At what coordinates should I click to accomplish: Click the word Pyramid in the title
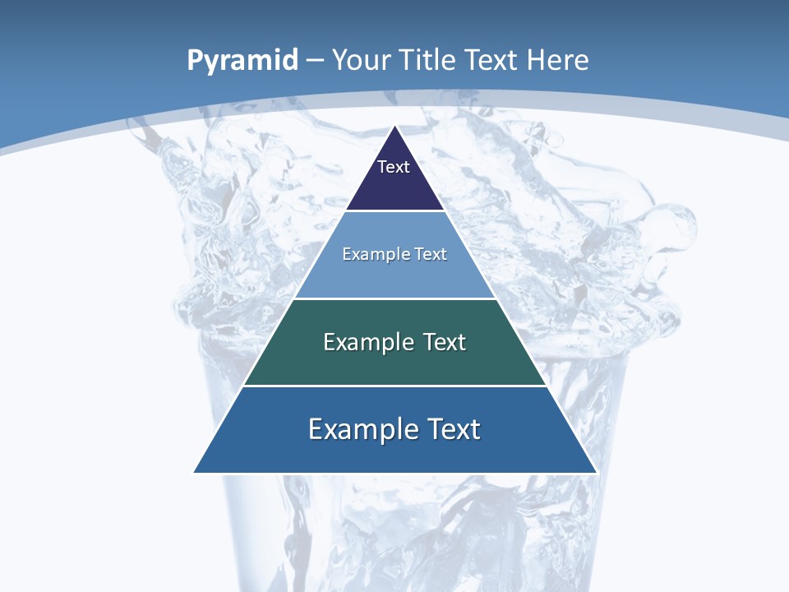(x=242, y=61)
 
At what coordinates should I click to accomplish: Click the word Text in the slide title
(x=493, y=60)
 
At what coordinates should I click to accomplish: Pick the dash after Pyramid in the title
(x=314, y=61)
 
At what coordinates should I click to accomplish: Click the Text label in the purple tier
(x=394, y=167)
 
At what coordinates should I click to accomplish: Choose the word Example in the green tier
(x=367, y=342)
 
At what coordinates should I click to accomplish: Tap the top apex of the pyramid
(x=395, y=127)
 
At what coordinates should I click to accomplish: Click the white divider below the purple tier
(x=395, y=211)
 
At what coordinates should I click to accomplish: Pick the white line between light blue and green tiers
(x=395, y=298)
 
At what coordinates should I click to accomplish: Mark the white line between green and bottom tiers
(x=395, y=386)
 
